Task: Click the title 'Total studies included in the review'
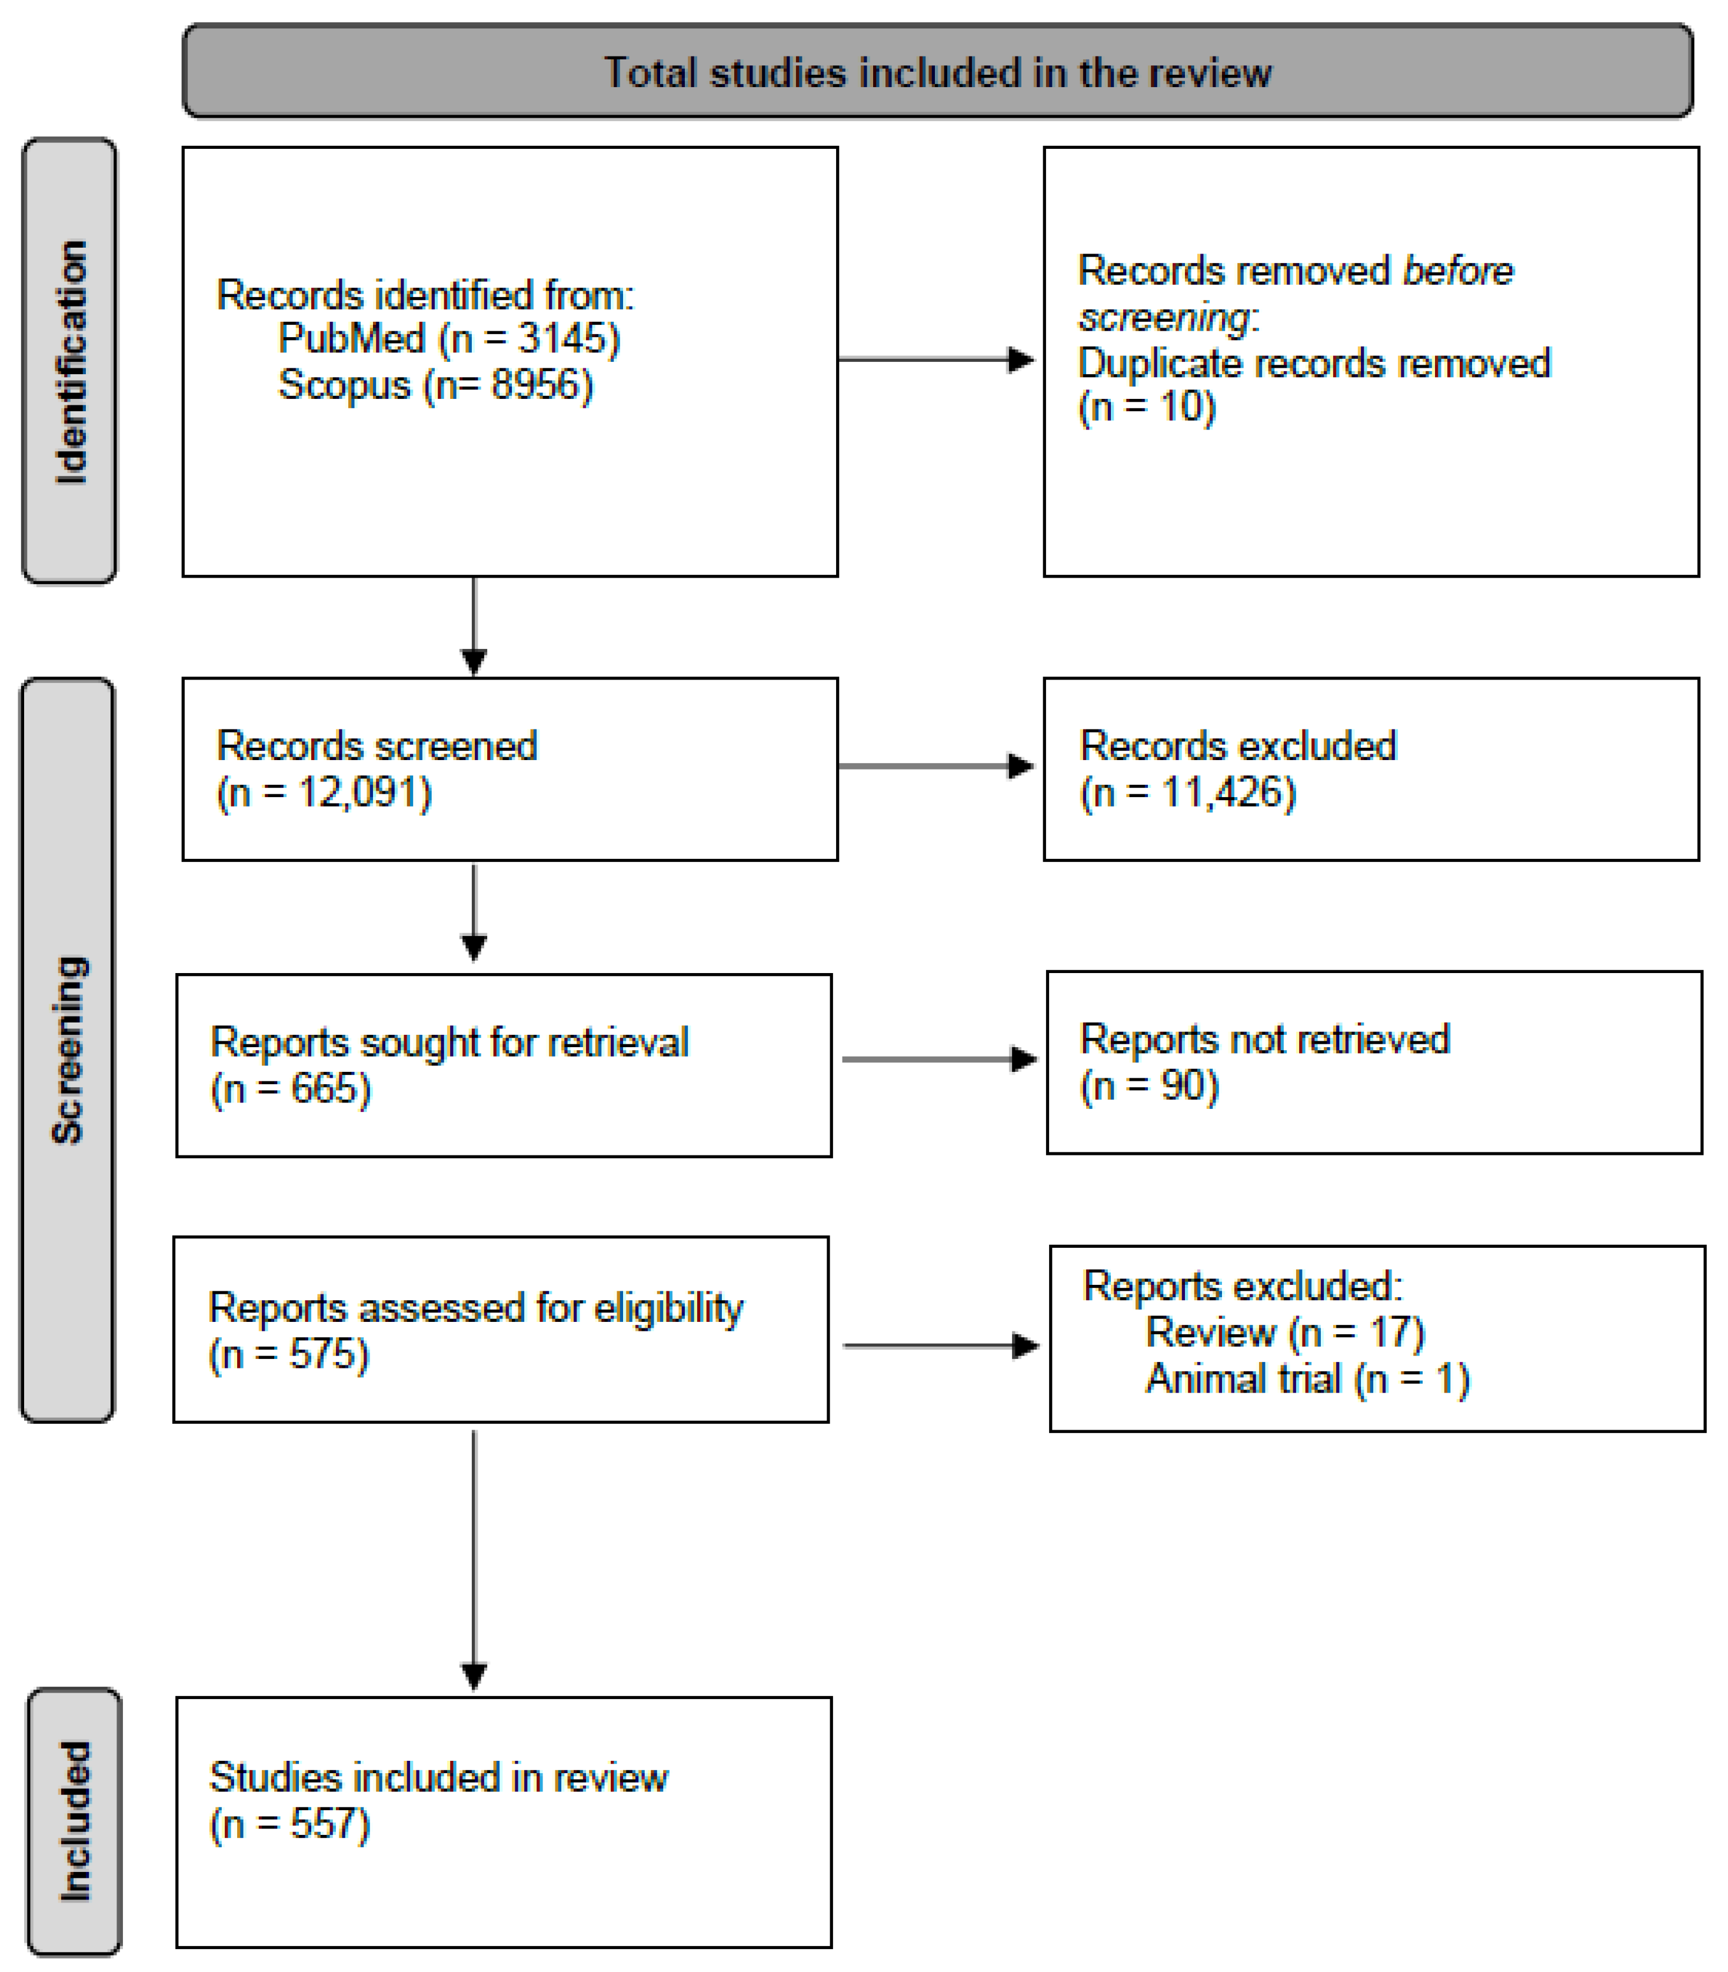(937, 74)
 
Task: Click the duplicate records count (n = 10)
(1147, 407)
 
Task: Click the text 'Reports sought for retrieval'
(450, 1042)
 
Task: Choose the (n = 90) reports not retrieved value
(1150, 1086)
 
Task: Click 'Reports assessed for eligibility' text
(475, 1308)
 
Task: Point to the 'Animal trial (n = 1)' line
(1307, 1379)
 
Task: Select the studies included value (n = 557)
(289, 1824)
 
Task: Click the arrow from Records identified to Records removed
(935, 359)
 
